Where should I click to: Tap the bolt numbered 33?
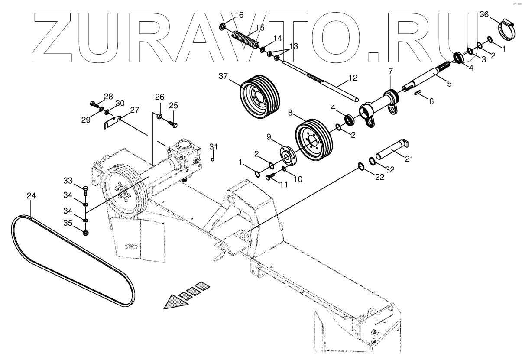point(85,190)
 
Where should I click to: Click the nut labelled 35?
point(85,233)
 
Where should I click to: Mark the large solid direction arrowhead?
point(175,302)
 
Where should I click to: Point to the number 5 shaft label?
point(449,84)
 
